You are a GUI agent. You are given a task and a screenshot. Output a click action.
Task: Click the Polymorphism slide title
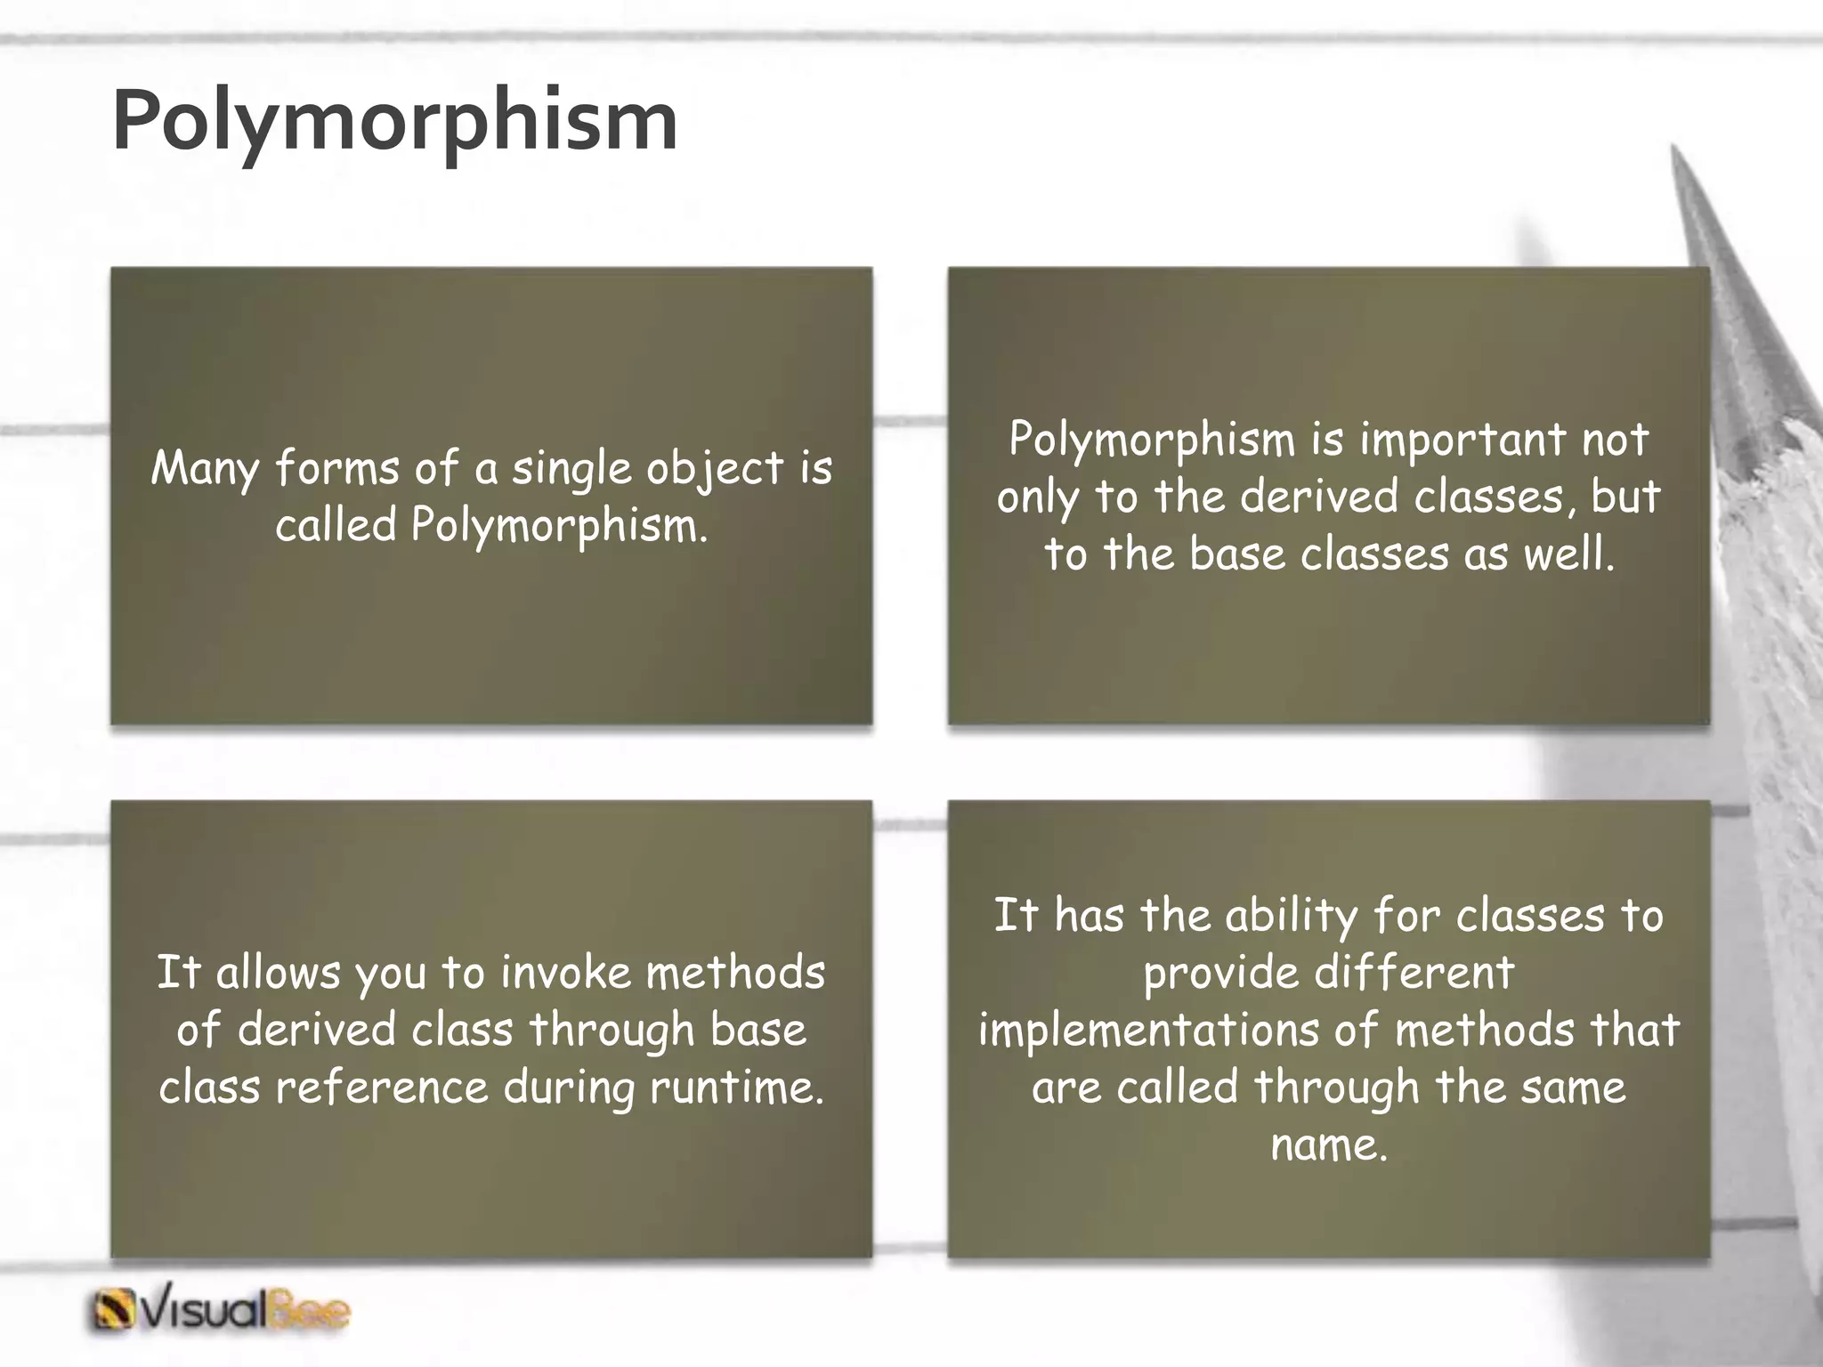[394, 122]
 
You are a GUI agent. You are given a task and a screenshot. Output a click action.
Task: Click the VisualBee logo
[221, 1311]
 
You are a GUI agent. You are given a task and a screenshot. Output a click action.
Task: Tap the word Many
[204, 469]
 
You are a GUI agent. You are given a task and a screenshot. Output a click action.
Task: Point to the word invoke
[566, 973]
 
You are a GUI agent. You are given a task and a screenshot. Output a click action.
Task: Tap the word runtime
[737, 1088]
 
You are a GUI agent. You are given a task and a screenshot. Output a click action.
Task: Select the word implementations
[1147, 1031]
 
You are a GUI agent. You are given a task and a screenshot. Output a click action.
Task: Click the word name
[1328, 1145]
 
